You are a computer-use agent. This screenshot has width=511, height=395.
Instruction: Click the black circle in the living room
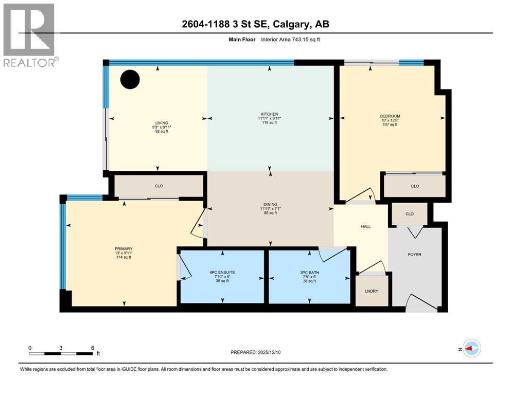click(x=130, y=79)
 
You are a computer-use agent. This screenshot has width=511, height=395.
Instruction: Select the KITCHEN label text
click(x=269, y=114)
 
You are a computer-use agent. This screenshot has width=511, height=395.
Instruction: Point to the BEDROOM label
click(x=390, y=116)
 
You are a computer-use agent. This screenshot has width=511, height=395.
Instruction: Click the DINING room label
click(x=270, y=205)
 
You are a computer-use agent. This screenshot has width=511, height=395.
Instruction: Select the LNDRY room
click(x=371, y=291)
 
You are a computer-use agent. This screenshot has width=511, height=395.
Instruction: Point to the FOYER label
click(x=415, y=255)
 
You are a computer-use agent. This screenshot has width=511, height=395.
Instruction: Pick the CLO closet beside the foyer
click(x=410, y=214)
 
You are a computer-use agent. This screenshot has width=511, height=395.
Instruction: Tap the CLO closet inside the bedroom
click(x=415, y=186)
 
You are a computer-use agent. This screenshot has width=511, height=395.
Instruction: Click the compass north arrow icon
click(x=471, y=348)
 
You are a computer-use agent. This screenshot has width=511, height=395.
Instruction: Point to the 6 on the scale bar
click(x=93, y=348)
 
